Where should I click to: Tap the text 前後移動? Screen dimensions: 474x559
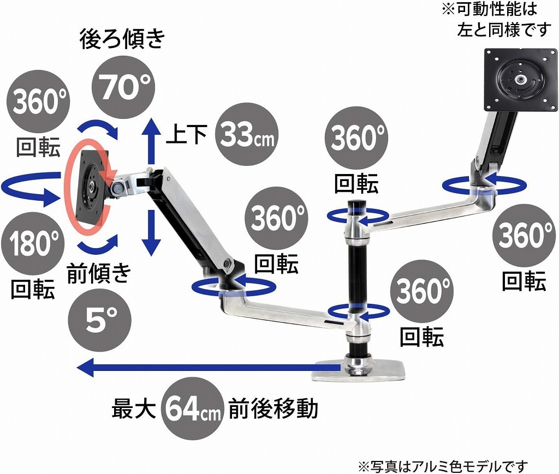click(273, 409)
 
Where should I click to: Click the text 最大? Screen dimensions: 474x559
click(134, 409)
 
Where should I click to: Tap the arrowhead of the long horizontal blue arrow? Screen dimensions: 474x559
click(85, 368)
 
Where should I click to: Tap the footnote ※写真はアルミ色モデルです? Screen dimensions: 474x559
click(442, 466)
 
